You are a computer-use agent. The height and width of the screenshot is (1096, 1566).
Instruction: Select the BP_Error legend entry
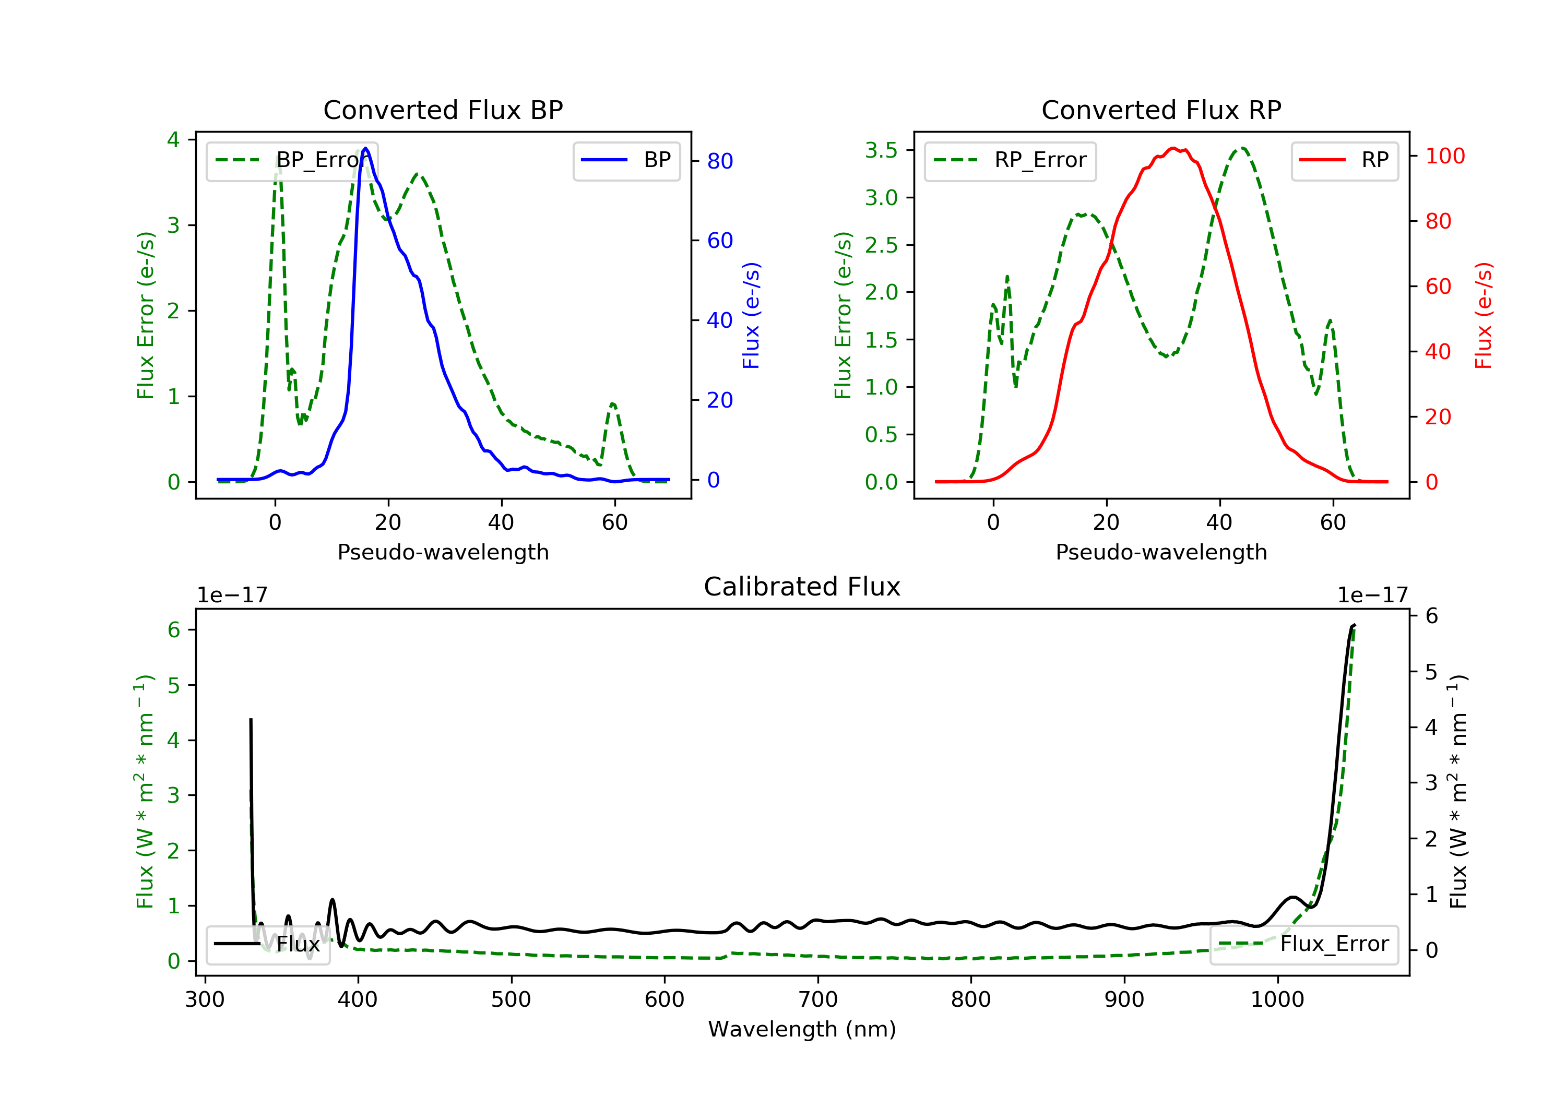(292, 161)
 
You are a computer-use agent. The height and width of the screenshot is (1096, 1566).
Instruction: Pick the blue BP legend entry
(626, 161)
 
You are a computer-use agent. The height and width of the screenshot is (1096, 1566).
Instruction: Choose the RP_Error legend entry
(1010, 161)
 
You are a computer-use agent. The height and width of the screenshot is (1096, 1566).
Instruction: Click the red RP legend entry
(1344, 161)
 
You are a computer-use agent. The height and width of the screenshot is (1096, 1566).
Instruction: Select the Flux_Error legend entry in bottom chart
(1303, 944)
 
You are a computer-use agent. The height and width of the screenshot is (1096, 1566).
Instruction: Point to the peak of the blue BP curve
(365, 149)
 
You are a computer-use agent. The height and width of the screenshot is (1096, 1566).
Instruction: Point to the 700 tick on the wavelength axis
(818, 1000)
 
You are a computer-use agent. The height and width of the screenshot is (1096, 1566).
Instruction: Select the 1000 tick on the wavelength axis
(1277, 1000)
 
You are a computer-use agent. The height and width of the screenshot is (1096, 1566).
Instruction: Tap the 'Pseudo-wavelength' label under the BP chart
(443, 552)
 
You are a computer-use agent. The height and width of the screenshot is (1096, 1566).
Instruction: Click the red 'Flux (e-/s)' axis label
(1483, 316)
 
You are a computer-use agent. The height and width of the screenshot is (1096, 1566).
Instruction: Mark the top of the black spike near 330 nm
(251, 720)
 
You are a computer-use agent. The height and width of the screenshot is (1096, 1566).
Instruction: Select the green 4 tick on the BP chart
(173, 140)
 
